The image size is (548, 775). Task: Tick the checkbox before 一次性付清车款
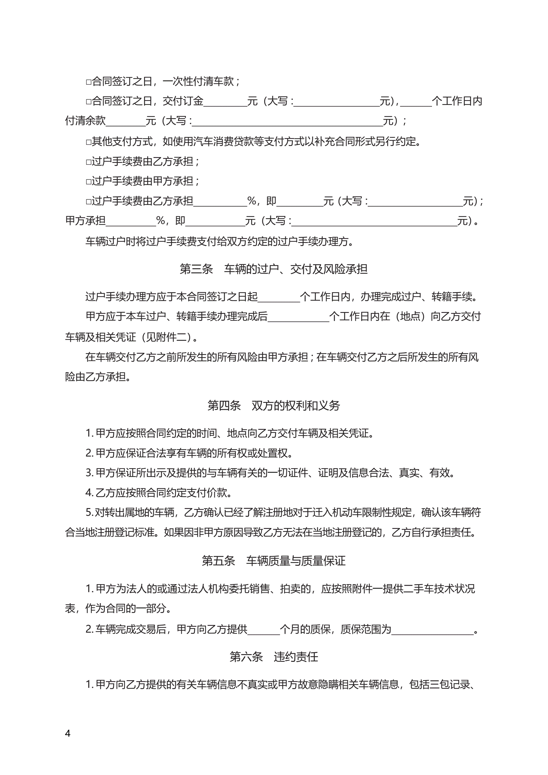click(88, 82)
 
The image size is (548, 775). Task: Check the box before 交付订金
click(88, 102)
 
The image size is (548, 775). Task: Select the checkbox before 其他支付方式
click(88, 142)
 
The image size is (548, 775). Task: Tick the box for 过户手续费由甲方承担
click(88, 182)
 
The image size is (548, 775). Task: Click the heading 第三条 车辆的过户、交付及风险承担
click(273, 269)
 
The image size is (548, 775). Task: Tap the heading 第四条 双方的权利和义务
click(273, 405)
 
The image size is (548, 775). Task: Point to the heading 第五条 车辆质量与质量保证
click(273, 561)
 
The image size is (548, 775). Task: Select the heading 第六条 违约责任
click(273, 657)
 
